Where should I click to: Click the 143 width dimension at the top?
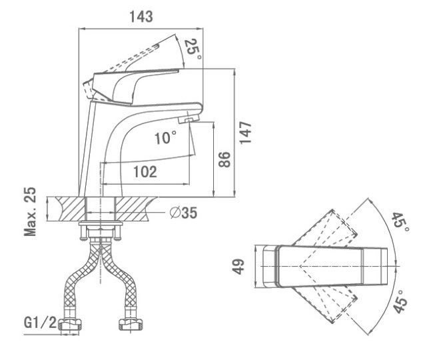click(141, 17)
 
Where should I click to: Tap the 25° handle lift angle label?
click(193, 50)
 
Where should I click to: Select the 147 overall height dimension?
click(245, 132)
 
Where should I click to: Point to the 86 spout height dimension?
click(224, 159)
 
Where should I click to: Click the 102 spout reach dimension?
click(145, 171)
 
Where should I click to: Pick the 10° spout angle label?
click(165, 137)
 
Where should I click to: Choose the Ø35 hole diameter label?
click(183, 213)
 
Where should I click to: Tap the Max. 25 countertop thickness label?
click(30, 211)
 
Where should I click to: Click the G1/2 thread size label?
click(40, 323)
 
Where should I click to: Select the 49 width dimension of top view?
click(238, 267)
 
